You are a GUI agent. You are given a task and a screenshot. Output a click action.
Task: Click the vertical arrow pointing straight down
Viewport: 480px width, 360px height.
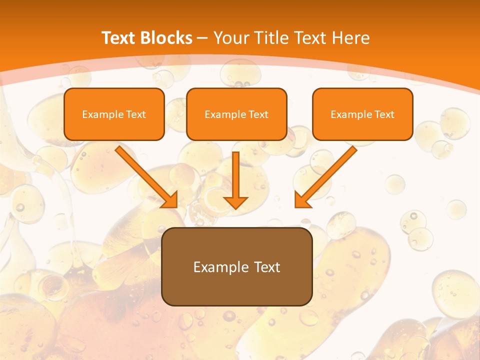235,177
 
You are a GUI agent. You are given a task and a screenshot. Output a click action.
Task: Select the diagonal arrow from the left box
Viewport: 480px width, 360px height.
145,175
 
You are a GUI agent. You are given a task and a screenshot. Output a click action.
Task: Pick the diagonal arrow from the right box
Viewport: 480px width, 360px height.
327,175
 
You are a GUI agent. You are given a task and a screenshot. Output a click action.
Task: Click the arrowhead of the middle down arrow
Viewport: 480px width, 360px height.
235,202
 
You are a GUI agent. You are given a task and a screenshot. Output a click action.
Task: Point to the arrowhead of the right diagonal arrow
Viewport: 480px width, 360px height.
301,200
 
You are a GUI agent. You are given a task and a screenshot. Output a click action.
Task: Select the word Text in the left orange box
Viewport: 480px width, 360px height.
135,114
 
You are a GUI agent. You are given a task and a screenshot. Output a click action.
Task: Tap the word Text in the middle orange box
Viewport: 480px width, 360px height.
258,114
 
